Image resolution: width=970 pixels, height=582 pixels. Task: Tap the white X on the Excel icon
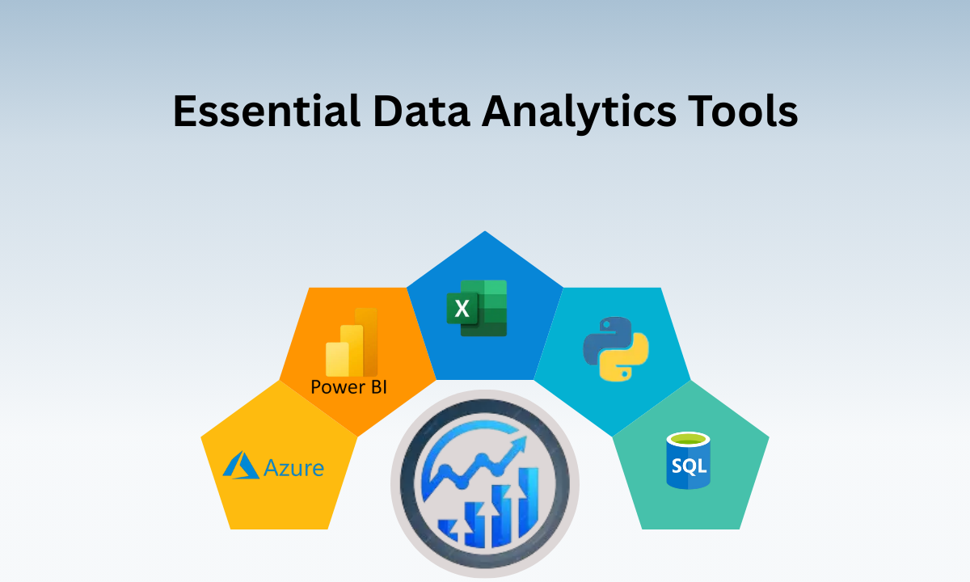[x=462, y=308]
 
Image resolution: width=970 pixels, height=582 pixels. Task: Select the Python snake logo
[x=617, y=348]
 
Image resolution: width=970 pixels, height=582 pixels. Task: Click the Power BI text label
[x=348, y=386]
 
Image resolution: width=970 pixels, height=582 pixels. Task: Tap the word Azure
[x=293, y=468]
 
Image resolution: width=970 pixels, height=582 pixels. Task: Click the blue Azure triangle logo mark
[x=241, y=465]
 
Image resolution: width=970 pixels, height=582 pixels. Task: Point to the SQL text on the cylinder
[x=688, y=466]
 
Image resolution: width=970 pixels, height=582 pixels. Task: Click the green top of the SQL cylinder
[x=688, y=440]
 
